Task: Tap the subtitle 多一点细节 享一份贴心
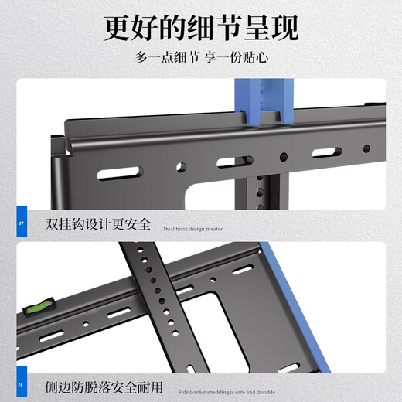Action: [x=200, y=58]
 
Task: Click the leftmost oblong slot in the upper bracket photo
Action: [x=128, y=171]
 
